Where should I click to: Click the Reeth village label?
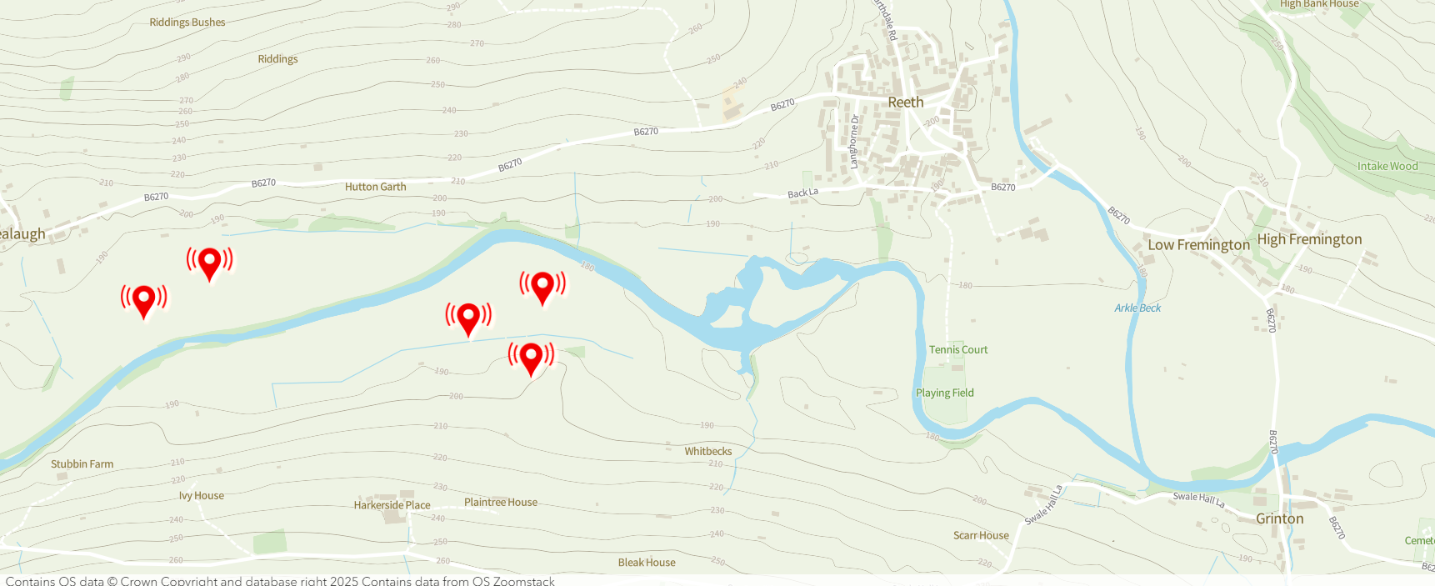pos(905,103)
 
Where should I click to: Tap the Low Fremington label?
pos(1198,245)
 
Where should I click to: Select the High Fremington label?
pos(1309,239)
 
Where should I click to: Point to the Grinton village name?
pos(1279,518)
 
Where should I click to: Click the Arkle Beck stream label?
pos(1137,308)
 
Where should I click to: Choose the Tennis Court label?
pos(958,350)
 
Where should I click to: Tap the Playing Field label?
pos(944,393)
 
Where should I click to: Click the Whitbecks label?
pos(708,452)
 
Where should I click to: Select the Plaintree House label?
pos(501,503)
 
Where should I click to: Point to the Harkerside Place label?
pos(392,505)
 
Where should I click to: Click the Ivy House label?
pos(202,496)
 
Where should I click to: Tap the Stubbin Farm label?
pos(82,464)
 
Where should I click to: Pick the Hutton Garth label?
pos(376,188)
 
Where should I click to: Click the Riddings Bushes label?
pos(187,23)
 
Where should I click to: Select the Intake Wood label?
pos(1387,167)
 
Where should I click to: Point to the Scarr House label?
pos(981,536)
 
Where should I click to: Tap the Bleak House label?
pos(647,563)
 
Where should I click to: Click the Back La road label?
pos(803,193)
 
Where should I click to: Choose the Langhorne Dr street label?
pos(854,142)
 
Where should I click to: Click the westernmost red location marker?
pos(144,300)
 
